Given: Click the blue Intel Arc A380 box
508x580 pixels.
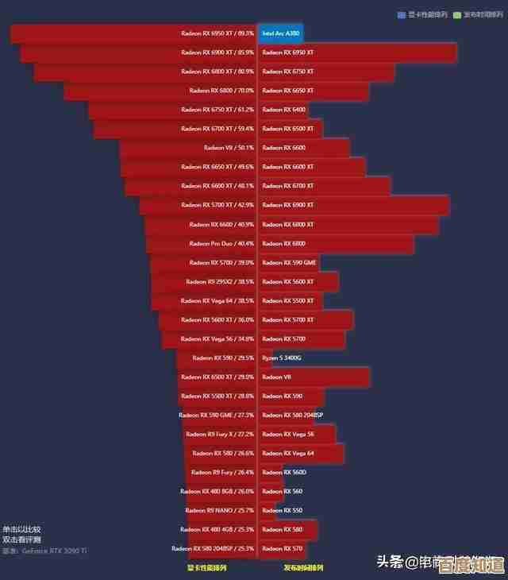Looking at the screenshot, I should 280,33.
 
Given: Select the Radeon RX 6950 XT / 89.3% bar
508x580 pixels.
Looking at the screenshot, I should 133,33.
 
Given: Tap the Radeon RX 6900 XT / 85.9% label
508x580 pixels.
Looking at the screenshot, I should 217,52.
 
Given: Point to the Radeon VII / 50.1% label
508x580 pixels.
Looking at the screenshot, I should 229,148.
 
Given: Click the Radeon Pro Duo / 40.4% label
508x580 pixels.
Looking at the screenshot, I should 221,243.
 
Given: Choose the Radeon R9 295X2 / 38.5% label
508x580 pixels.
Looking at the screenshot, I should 220,281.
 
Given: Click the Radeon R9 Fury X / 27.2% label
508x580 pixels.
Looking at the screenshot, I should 219,434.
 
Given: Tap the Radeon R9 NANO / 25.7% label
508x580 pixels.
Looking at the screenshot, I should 219,510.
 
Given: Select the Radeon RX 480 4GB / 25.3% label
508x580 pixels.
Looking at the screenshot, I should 217,529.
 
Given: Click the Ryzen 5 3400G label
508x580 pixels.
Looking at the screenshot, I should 282,358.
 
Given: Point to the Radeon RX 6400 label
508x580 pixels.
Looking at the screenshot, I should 283,110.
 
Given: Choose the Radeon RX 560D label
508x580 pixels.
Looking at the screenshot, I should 284,472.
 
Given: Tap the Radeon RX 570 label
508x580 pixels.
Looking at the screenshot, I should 282,548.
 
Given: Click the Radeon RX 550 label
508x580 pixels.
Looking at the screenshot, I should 282,510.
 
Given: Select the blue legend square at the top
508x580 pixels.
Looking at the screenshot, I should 402,14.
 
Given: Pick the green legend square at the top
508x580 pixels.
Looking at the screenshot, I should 457,14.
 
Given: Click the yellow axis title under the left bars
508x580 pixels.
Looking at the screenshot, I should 206,568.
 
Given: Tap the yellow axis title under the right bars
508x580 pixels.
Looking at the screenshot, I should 303,568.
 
